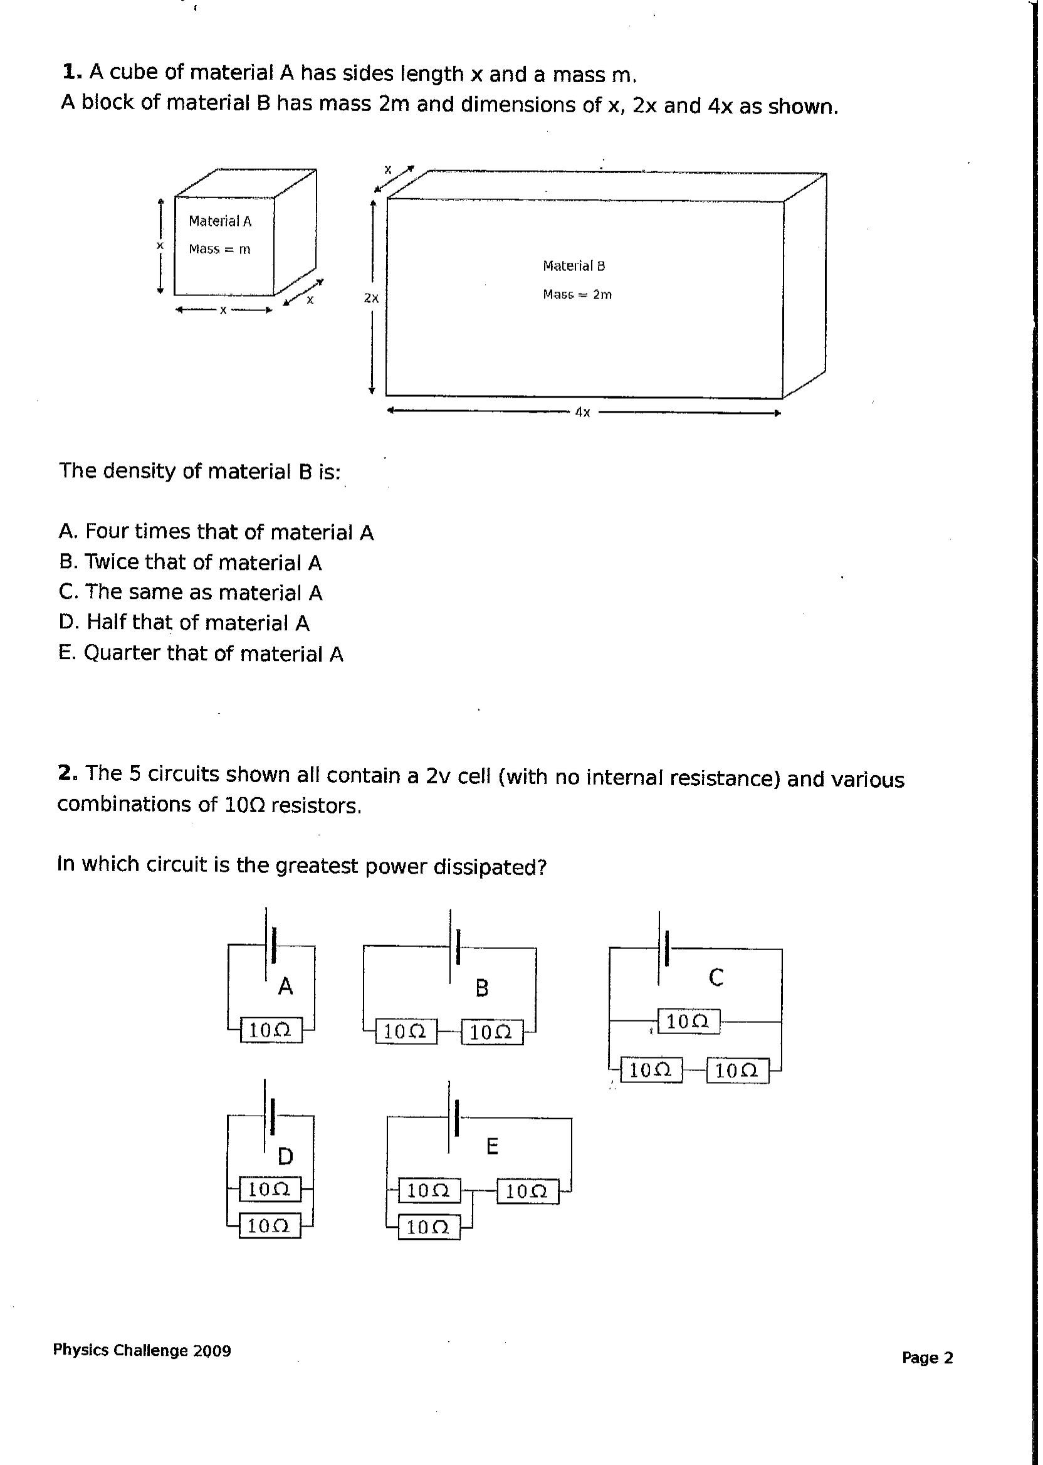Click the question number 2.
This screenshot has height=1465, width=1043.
click(x=68, y=773)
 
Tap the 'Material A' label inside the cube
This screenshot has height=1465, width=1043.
click(x=219, y=221)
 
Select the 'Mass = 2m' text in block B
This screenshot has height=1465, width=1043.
click(x=577, y=294)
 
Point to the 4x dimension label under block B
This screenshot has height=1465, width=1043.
click(x=582, y=413)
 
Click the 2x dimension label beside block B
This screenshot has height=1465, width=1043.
click(x=371, y=298)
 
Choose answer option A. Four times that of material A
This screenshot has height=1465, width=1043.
click(x=216, y=532)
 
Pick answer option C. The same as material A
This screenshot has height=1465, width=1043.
click(x=190, y=592)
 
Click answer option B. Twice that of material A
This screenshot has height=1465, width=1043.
click(x=190, y=562)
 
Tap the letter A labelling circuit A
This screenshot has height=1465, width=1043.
click(x=285, y=986)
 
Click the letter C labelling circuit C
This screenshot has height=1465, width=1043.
click(x=716, y=977)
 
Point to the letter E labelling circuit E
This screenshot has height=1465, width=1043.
click(x=492, y=1146)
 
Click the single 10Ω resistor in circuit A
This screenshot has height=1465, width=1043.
click(x=270, y=1030)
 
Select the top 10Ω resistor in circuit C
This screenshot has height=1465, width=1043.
click(x=688, y=1021)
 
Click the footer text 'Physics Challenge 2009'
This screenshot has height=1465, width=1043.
click(x=142, y=1350)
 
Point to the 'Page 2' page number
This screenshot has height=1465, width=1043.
click(x=928, y=1358)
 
